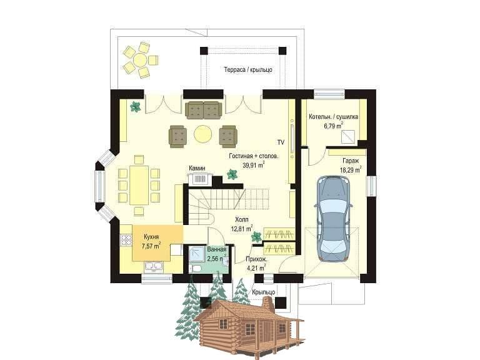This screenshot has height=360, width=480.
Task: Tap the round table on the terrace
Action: click(x=140, y=60)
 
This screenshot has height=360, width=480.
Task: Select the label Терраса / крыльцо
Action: click(x=248, y=69)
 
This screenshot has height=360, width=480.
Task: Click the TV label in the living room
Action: click(x=281, y=142)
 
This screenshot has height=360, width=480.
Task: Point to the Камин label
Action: click(x=197, y=168)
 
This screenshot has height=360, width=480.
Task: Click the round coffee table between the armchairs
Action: click(x=202, y=134)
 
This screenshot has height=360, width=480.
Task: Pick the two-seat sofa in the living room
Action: click(x=204, y=110)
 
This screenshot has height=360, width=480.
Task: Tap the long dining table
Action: click(x=139, y=185)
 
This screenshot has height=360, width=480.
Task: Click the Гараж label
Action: click(x=351, y=161)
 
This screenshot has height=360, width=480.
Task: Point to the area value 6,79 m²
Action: click(x=333, y=126)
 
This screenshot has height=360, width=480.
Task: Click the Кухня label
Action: click(x=151, y=237)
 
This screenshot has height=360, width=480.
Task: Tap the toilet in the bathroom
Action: click(x=195, y=269)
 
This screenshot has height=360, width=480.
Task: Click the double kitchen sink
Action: click(x=154, y=266)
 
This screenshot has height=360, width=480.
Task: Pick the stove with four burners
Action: click(x=126, y=240)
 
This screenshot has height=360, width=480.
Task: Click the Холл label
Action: click(x=242, y=219)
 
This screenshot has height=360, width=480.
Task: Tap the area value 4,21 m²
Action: click(x=256, y=269)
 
